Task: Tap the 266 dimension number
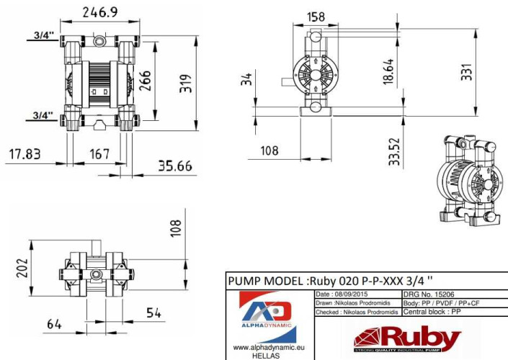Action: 146,81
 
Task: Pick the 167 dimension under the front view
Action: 99,153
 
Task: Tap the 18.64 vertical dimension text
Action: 389,73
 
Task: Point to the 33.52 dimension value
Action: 394,152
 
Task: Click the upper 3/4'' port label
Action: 43,33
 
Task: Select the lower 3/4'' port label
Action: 43,114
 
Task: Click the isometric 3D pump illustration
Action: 469,180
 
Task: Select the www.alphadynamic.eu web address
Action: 267,347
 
